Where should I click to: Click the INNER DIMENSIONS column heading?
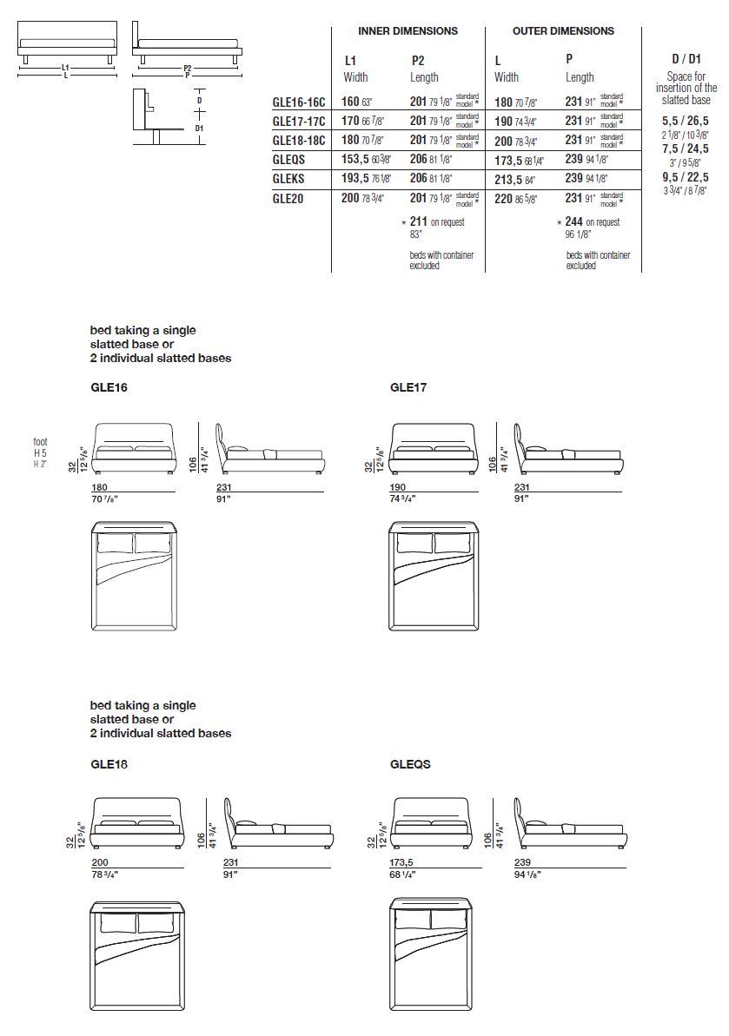click(x=408, y=31)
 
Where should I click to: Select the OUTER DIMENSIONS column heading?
click(x=563, y=31)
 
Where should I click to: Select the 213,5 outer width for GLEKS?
click(x=508, y=179)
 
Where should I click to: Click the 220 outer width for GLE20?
click(x=503, y=198)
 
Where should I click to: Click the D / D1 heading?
click(x=686, y=59)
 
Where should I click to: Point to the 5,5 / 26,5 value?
click(x=686, y=122)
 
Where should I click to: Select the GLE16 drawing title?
click(x=109, y=388)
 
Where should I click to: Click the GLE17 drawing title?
click(x=408, y=388)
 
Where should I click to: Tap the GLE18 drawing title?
click(x=109, y=765)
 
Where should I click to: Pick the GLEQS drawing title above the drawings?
click(x=410, y=765)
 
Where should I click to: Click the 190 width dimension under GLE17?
click(x=399, y=487)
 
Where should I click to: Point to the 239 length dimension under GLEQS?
click(x=522, y=863)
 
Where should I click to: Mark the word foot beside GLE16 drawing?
click(x=41, y=442)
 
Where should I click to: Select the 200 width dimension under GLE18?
click(x=99, y=863)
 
